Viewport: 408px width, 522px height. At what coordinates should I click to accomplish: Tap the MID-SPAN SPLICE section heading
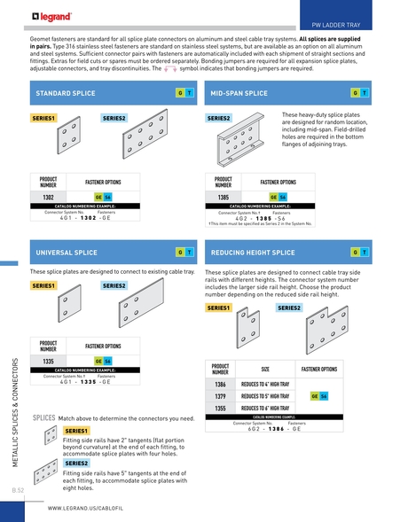pyautogui.click(x=239, y=93)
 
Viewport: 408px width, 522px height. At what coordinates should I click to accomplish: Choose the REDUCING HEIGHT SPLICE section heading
pyautogui.click(x=257, y=252)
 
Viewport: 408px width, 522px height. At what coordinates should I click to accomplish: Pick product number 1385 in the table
pyautogui.click(x=224, y=197)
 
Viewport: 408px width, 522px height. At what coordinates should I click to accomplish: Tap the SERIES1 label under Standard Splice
pyautogui.click(x=43, y=118)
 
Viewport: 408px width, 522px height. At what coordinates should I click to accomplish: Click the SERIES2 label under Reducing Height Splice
pyautogui.click(x=289, y=308)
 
